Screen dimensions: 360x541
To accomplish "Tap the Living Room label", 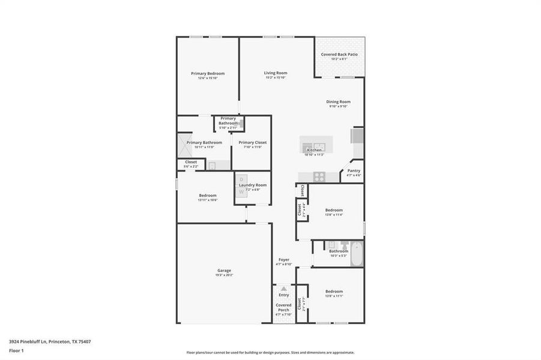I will pyautogui.click(x=276, y=73).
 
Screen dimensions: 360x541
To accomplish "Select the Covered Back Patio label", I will pyautogui.click(x=339, y=55).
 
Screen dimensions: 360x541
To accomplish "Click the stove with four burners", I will pyautogui.click(x=319, y=176).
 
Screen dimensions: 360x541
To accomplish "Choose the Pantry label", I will pyautogui.click(x=354, y=170).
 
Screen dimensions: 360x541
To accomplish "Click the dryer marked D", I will pyautogui.click(x=241, y=179).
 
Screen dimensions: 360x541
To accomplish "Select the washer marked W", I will pyautogui.click(x=241, y=191).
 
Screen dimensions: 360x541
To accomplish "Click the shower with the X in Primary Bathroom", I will pyautogui.click(x=183, y=145).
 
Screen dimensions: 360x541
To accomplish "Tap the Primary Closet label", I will pyautogui.click(x=252, y=142).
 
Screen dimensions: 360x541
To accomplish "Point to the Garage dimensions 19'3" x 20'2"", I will pyautogui.click(x=224, y=275).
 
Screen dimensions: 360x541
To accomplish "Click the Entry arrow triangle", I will pyautogui.click(x=283, y=289).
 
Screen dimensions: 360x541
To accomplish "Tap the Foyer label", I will pyautogui.click(x=283, y=260).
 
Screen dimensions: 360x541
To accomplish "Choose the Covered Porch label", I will pyautogui.click(x=283, y=307).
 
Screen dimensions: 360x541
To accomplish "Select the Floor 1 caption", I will pyautogui.click(x=16, y=350).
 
